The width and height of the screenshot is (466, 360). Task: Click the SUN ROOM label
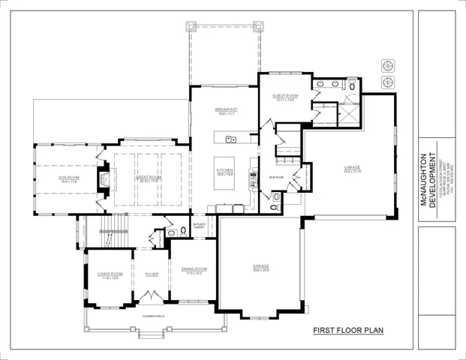68,179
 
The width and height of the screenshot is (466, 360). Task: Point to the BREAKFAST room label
226,111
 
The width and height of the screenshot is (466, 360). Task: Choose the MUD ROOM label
276,178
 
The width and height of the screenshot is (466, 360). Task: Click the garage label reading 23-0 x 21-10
353,169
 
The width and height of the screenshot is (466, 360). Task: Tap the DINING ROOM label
195,270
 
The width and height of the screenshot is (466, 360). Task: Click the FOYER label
152,274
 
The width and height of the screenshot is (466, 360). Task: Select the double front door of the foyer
152,298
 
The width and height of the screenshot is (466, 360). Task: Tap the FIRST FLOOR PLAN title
348,329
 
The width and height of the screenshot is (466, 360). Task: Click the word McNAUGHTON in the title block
424,179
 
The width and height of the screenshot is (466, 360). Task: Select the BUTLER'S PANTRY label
200,225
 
